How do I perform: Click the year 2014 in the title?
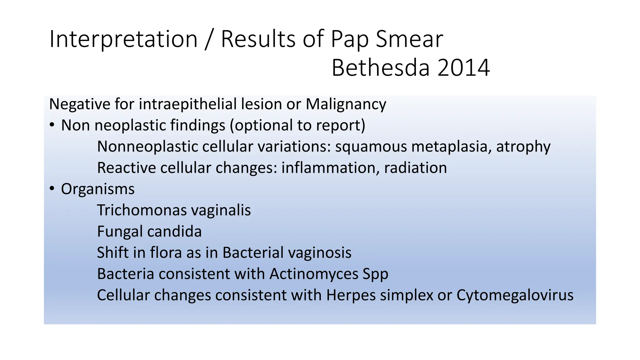[x=463, y=68]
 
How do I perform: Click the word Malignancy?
[x=346, y=104]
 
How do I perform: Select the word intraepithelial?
[x=187, y=104]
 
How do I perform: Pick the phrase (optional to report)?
[x=297, y=126]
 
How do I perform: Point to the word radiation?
[x=415, y=168]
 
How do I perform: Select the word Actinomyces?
[x=314, y=274]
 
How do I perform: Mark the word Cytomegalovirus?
[x=515, y=295]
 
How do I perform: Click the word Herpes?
[x=351, y=295]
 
